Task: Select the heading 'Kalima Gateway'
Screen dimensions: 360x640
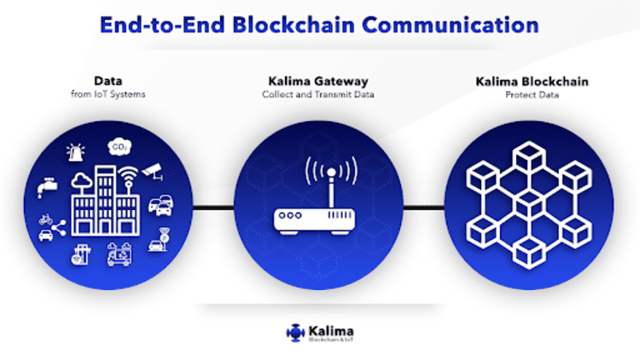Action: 317,82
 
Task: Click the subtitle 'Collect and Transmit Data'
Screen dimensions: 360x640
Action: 317,95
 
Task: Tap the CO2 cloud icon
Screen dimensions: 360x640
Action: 119,148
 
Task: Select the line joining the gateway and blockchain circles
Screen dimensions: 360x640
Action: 423,206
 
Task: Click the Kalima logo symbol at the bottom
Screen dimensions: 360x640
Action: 294,333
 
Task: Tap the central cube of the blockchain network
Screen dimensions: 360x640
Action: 529,205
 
